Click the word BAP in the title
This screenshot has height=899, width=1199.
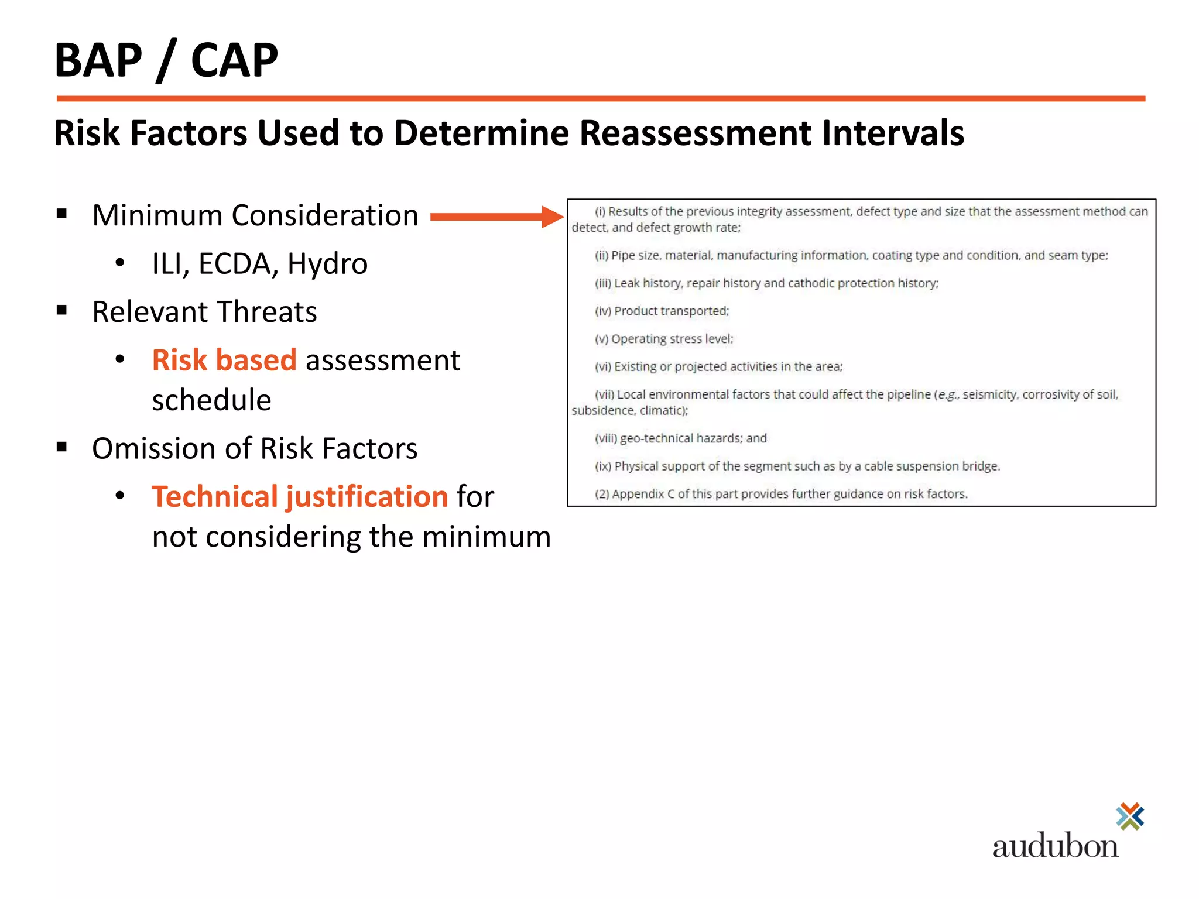(98, 60)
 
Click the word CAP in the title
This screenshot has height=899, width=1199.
(234, 60)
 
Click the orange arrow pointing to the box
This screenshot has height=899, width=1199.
(496, 217)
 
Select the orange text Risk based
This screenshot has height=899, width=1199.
(224, 360)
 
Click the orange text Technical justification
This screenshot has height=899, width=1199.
(300, 497)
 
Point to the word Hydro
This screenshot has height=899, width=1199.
(327, 264)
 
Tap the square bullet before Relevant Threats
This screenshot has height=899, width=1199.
(62, 310)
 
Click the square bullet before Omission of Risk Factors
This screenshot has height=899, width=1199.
(62, 447)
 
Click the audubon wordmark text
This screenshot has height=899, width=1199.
(1055, 846)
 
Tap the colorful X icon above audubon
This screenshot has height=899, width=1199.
(1130, 816)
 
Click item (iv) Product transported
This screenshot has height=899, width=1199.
(662, 311)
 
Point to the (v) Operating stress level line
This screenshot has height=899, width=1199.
(664, 339)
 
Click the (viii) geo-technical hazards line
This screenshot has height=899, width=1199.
(681, 438)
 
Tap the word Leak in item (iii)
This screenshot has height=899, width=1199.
(626, 283)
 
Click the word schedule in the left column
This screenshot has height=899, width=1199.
(211, 400)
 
